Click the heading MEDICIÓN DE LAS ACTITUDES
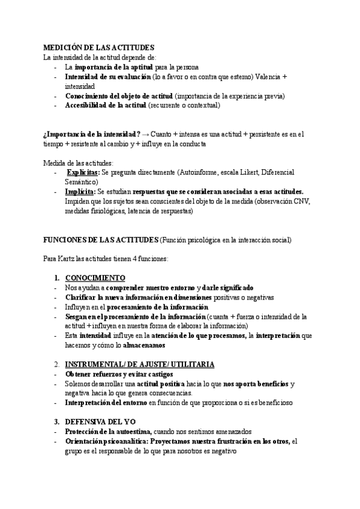pos(99,47)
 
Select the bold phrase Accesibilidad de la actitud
pos(106,105)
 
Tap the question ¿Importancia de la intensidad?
pos(92,134)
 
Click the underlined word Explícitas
pos(83,172)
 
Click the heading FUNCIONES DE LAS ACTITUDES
pos(100,239)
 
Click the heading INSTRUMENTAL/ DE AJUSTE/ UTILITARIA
pos(139,364)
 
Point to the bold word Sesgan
pos(77,316)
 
